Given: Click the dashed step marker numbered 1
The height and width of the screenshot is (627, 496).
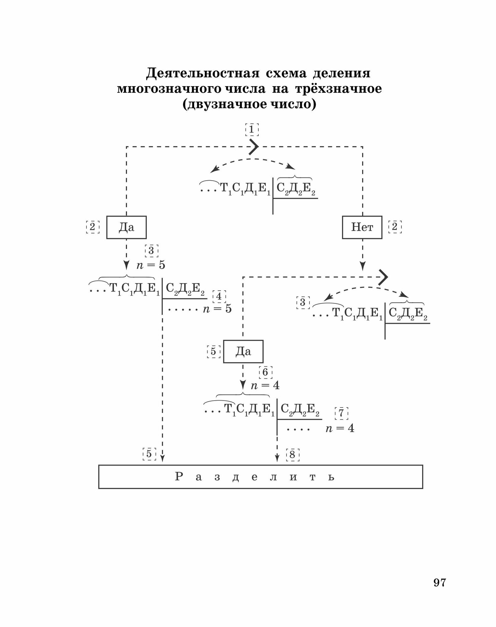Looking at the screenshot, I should (252, 129).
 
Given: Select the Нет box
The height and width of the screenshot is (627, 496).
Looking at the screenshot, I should (362, 227).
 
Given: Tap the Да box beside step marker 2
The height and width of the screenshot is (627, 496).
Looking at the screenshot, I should (126, 227).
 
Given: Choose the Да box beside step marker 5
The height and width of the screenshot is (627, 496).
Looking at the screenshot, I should (243, 351).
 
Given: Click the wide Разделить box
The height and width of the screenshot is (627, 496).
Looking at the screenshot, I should (260, 477).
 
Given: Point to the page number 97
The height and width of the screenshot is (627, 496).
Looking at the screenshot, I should (440, 582).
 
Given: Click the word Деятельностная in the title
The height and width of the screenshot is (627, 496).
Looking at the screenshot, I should (203, 73).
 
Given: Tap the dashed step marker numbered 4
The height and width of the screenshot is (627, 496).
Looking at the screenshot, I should (219, 296).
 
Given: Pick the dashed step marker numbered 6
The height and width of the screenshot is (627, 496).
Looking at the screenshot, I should (265, 372).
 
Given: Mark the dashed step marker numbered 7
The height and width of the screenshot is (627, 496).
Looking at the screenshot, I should (341, 413).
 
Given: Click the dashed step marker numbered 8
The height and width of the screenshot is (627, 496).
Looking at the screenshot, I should (293, 455).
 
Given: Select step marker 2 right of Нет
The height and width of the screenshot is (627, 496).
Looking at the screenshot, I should (395, 227).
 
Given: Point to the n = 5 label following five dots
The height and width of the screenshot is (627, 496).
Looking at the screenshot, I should (217, 309).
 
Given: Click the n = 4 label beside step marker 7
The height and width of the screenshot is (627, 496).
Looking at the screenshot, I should (340, 428).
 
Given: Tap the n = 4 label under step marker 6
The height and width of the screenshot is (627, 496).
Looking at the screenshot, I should (265, 385).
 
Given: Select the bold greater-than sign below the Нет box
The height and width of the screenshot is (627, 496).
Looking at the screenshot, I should (383, 277).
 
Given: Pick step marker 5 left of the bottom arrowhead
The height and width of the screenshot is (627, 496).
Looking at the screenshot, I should (149, 454).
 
